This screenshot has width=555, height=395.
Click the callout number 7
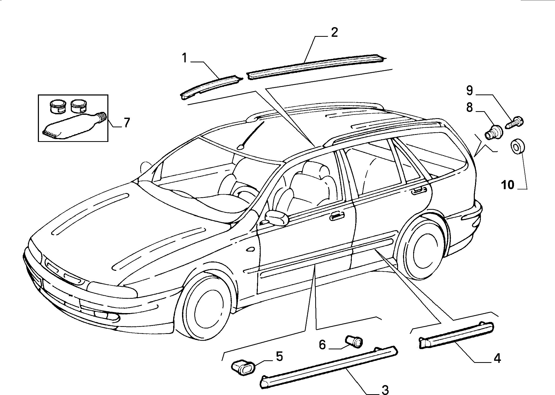coord(127,123)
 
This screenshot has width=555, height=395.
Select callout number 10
coord(508,185)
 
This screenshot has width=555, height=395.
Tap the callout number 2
coord(334,33)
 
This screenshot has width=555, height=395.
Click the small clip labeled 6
coord(354,341)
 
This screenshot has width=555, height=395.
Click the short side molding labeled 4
coord(456,335)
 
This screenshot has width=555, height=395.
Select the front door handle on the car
coord(337,217)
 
